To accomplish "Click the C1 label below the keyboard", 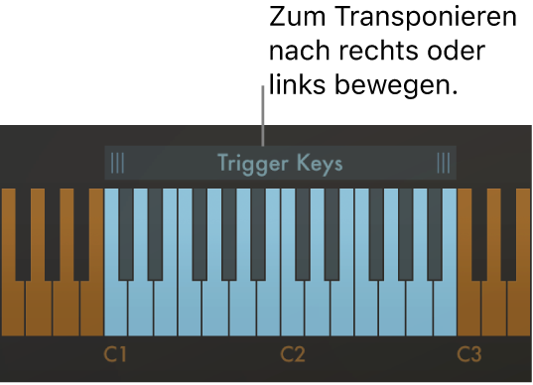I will coord(116,354).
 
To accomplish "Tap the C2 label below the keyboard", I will coord(292,354).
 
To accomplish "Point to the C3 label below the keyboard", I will coord(469,354).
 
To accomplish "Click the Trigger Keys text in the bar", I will coord(280,164).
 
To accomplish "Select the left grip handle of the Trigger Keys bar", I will coord(118,164).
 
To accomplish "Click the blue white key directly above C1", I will coord(116,308).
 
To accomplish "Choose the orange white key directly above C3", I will coord(469,308).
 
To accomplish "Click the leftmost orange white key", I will coord(11,308).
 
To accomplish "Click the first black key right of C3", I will coord(478,233).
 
